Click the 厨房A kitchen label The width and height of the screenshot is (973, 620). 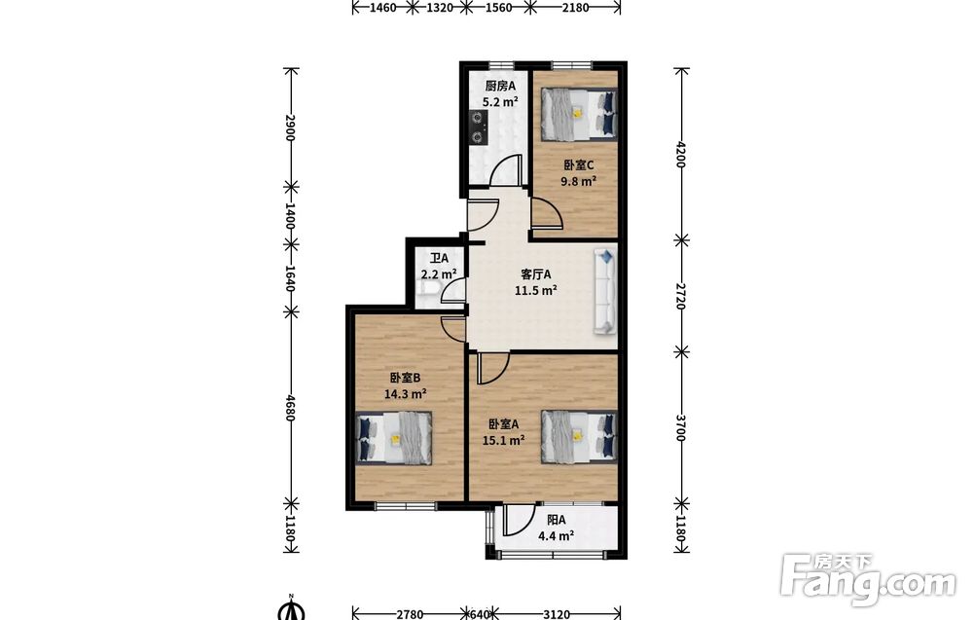(x=500, y=86)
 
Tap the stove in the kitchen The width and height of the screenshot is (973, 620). (x=477, y=128)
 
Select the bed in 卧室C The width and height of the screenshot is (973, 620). (x=579, y=114)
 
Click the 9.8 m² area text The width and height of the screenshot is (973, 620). (x=578, y=181)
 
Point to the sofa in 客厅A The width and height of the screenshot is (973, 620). (x=605, y=291)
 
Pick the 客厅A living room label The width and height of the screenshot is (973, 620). (x=535, y=274)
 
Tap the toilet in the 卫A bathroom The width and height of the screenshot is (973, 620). (x=430, y=289)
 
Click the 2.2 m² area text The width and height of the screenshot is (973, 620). (x=439, y=274)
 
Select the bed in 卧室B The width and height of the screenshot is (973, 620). (x=395, y=438)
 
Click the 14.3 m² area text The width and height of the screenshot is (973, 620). (x=405, y=393)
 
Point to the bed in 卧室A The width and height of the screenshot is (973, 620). (x=579, y=436)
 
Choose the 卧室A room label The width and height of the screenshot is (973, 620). (x=503, y=424)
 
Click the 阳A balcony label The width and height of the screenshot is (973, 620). (x=556, y=520)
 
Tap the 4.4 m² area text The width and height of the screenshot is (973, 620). (x=556, y=536)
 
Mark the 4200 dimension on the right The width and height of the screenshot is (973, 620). (x=681, y=155)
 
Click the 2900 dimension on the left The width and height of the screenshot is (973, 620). (x=289, y=128)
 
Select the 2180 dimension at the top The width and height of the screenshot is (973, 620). (x=575, y=8)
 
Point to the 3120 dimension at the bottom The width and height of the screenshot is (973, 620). (x=557, y=614)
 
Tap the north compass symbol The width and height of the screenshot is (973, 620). (x=291, y=608)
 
